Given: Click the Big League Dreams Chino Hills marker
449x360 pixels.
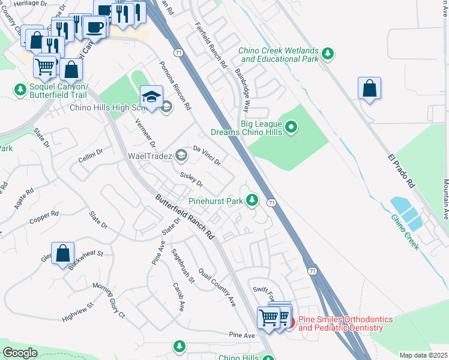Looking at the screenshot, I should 291,127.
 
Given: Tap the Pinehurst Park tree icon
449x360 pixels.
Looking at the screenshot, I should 253,200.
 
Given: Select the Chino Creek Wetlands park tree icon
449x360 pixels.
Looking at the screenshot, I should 328,54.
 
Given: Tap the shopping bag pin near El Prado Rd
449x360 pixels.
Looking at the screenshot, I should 370,89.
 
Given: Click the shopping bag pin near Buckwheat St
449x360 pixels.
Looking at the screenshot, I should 63,253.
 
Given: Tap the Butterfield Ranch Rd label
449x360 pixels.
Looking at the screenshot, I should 184,218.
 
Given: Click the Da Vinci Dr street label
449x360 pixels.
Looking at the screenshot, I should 207,155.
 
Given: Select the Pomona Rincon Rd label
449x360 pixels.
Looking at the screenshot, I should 175,86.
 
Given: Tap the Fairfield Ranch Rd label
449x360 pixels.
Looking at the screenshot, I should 211,45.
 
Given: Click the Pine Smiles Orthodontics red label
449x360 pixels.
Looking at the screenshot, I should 340,323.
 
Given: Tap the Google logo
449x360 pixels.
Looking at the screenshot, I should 20,353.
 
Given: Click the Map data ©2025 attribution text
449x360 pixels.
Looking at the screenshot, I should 423,355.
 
